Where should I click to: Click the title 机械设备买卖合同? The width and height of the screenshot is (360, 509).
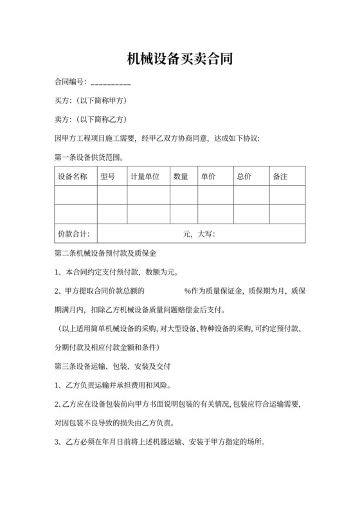point(179,60)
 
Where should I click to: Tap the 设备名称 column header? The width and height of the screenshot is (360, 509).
point(72,176)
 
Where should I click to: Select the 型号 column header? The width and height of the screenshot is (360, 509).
point(107,176)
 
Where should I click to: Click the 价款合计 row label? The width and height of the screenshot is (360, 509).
point(73,234)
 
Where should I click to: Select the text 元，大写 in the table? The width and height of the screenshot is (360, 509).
point(199,234)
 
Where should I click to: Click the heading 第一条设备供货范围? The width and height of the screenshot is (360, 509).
point(90,156)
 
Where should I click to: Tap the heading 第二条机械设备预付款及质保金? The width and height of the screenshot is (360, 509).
point(106,253)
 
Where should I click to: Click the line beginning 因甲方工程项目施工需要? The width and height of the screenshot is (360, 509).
point(157,138)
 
